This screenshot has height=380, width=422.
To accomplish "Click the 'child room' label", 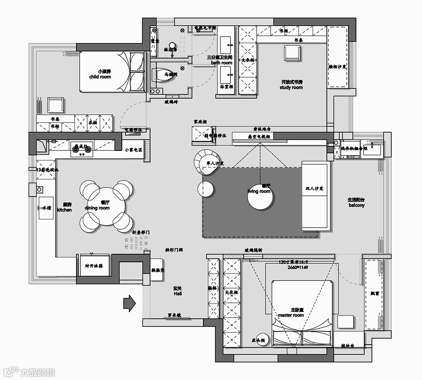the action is [x=100, y=77].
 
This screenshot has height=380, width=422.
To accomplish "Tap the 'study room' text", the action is [x=291, y=88].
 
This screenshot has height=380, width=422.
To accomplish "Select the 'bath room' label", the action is [x=221, y=63].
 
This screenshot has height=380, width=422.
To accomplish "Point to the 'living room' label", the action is [x=259, y=191].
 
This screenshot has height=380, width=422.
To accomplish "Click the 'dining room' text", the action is [x=97, y=208].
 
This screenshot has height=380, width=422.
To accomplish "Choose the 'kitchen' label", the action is [x=64, y=210].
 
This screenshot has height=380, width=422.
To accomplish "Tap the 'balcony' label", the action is [x=356, y=205].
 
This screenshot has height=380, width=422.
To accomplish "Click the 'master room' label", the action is [x=291, y=315].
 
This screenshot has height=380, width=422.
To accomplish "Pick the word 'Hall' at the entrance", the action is [x=178, y=294].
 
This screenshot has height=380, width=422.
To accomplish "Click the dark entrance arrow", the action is [x=129, y=303].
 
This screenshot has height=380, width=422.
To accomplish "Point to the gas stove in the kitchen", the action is [x=82, y=149].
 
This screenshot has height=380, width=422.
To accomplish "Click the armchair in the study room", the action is [x=292, y=53].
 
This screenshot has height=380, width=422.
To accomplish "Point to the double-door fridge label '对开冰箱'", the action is [x=94, y=266].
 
